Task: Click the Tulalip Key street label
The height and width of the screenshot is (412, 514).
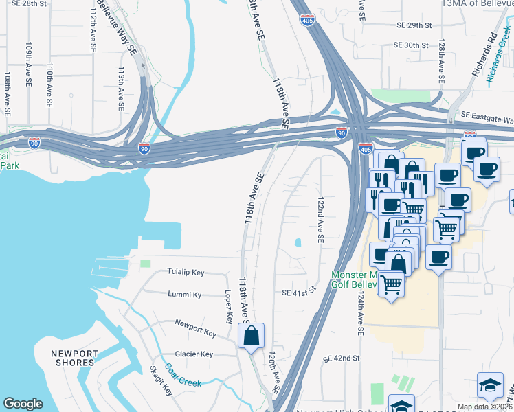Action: click(186, 273)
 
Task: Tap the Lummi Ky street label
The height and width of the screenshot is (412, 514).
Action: click(185, 295)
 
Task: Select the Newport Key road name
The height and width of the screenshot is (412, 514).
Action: click(196, 328)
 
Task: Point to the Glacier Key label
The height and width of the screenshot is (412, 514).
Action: click(194, 354)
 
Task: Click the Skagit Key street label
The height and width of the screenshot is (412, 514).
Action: click(161, 380)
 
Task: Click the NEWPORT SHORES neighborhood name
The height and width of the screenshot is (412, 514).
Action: click(72, 358)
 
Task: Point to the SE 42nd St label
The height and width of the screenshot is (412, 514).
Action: click(342, 358)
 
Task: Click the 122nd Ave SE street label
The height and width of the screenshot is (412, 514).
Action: click(320, 220)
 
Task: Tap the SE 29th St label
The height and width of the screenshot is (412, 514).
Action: click(414, 25)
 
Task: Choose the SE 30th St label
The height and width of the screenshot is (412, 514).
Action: click(411, 45)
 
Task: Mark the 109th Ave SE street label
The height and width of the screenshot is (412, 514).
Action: click(29, 66)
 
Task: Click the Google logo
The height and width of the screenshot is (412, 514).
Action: click(23, 404)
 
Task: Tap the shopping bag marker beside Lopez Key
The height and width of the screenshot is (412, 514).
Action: click(251, 336)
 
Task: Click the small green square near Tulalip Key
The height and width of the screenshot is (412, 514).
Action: click(145, 263)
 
